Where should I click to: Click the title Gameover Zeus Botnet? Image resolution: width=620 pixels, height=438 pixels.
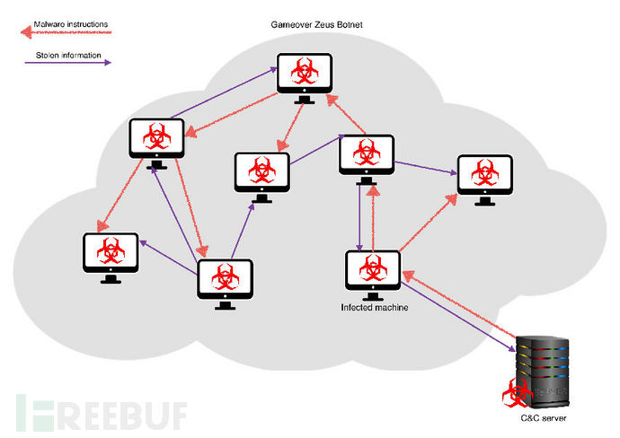(316, 24)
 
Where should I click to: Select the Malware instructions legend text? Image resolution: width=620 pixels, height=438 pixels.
(71, 24)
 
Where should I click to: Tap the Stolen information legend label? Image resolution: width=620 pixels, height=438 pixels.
(68, 56)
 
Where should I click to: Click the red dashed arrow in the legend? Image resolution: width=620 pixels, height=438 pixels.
(66, 32)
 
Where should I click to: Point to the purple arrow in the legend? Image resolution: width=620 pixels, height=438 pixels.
(68, 63)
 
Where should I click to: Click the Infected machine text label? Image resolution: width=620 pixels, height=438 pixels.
(375, 307)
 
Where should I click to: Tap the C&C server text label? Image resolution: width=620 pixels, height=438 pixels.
(544, 418)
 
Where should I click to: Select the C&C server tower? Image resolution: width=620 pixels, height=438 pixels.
(543, 372)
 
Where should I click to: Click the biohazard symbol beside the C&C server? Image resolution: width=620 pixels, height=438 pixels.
(517, 392)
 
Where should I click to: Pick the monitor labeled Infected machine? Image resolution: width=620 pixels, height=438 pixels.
(373, 275)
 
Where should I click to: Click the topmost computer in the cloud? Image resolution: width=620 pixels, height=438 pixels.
(305, 78)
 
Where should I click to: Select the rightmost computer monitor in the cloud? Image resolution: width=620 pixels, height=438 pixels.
(485, 180)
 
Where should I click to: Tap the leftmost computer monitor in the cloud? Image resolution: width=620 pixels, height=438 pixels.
(111, 258)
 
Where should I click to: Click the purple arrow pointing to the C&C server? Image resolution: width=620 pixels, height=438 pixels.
(458, 317)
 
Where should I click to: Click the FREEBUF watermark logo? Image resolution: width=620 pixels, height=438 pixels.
(102, 414)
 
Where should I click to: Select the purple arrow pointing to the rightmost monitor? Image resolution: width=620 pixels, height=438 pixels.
(426, 168)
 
